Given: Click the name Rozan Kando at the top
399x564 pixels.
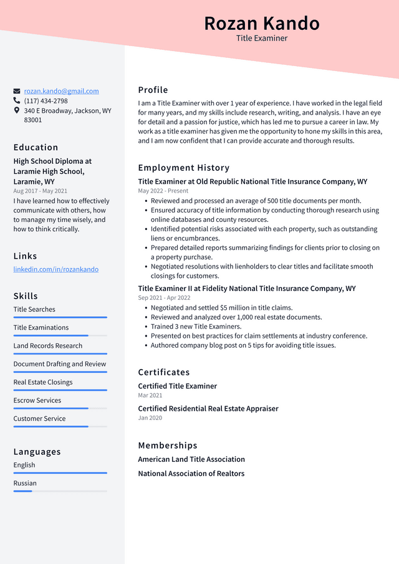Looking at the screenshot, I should point(261,23).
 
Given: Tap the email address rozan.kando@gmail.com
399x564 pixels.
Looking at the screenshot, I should point(61,91).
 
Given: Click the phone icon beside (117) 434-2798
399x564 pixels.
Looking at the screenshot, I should point(17,100).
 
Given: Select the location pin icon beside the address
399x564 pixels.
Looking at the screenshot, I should point(17,110).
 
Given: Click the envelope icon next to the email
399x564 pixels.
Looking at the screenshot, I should point(17,91).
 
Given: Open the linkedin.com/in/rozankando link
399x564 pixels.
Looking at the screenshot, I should point(55,269).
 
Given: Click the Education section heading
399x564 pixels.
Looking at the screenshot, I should point(36,148).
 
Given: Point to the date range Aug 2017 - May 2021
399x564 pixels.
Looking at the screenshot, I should point(40,191).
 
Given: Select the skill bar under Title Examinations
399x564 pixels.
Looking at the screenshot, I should point(60,335).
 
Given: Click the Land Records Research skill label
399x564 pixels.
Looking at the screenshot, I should point(47,346).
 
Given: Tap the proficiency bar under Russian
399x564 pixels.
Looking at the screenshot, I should point(60,491).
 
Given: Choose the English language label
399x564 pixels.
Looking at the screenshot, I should point(24,465).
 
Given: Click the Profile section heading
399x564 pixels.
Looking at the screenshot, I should point(153,90).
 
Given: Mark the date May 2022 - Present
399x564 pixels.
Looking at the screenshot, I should point(163,191).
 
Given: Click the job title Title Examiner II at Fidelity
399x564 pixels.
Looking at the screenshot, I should point(246,289).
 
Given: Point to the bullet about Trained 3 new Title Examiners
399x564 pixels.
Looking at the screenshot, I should point(196,327).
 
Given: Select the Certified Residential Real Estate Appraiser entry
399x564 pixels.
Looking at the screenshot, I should point(208,409).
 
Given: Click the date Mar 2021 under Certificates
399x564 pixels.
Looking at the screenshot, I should point(150,395).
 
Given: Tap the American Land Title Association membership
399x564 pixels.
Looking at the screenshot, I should point(191,459).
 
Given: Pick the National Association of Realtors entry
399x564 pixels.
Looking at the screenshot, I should point(191,474).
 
